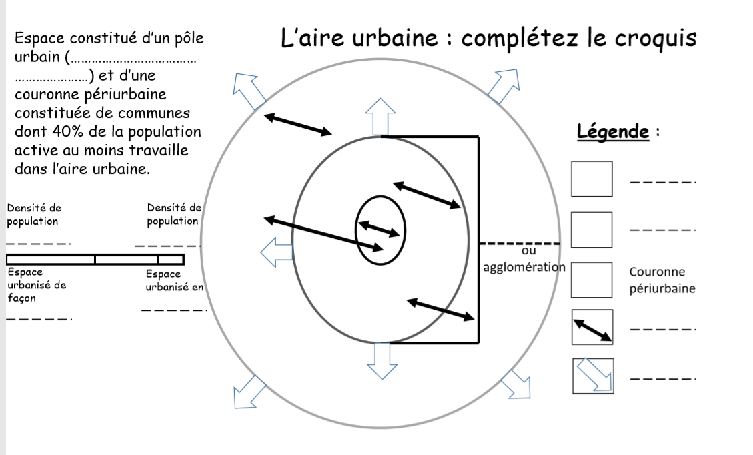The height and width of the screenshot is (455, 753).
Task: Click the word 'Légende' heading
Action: pos(612,131)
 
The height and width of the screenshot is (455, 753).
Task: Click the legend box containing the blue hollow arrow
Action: pos(592,376)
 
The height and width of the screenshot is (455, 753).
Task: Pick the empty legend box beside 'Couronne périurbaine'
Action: pos(592,280)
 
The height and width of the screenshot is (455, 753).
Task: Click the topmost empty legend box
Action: pos(592,179)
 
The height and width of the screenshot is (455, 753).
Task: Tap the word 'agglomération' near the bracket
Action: pos(524,268)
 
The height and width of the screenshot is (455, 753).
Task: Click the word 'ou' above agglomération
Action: pos(528,251)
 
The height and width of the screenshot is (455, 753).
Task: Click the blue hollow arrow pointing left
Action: pos(275,252)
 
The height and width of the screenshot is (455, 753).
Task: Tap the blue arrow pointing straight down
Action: pos(382,361)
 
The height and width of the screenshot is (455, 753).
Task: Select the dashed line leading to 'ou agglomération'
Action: pos(520,243)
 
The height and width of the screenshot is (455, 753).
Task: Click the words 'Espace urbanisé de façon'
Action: pos(37,285)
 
